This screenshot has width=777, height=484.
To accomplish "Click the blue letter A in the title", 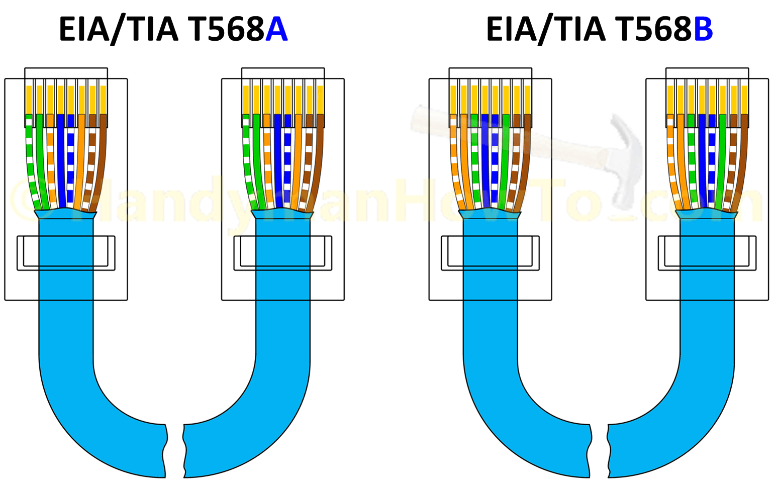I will coord(276,30).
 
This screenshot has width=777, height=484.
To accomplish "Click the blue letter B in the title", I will coord(703,30).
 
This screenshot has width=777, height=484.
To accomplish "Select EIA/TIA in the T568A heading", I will coord(118,30).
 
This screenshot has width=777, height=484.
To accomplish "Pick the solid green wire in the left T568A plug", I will coord(41,161).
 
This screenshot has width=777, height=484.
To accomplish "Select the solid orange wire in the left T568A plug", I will coord(82,161).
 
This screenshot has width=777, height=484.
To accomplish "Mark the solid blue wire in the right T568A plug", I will coord(277,161).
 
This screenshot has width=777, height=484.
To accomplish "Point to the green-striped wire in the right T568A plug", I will coord(246,161).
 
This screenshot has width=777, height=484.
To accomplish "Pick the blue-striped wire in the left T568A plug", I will coord(71,161).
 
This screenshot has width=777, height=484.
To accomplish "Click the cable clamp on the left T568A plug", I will coord(66,253).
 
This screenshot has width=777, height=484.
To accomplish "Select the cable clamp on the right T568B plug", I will coord(707,253).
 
